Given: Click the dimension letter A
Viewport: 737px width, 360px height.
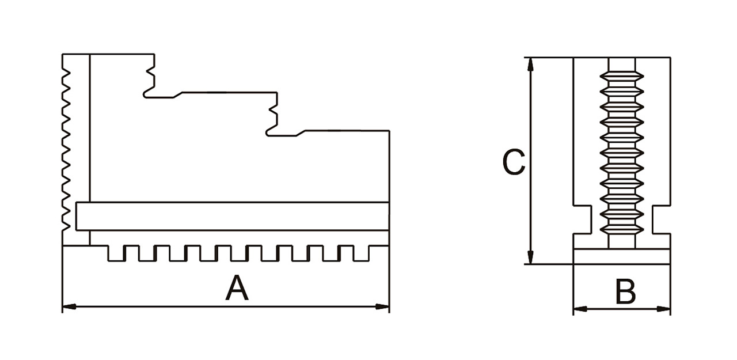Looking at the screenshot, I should point(237,288).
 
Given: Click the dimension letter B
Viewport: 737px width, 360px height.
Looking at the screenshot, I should point(625,292).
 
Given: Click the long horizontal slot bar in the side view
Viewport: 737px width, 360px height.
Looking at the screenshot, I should point(230,217).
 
